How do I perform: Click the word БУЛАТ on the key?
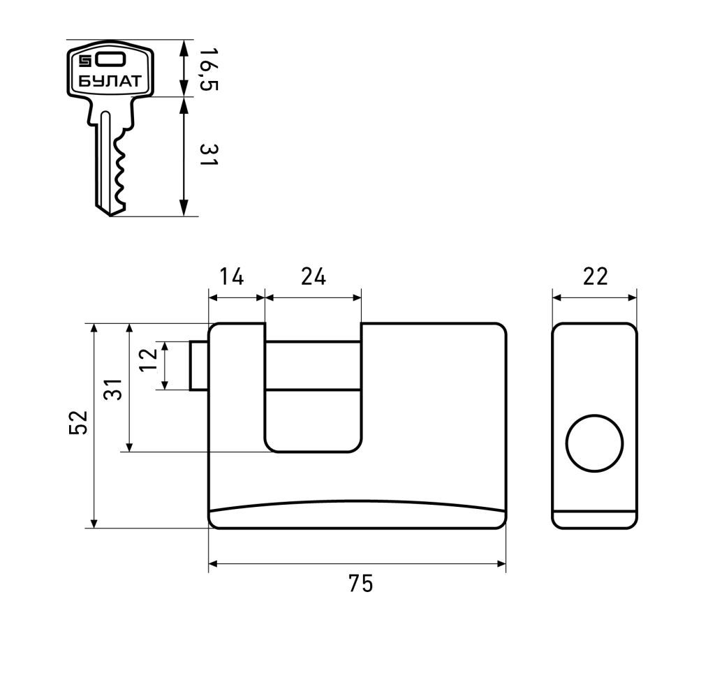[x=110, y=82]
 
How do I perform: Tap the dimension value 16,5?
[x=208, y=69]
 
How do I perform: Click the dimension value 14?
[x=232, y=276]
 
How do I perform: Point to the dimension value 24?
[x=314, y=276]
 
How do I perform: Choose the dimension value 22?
[x=596, y=276]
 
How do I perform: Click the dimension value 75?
[x=361, y=583]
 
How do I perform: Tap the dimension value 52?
[x=78, y=422]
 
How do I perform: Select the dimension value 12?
[x=148, y=360]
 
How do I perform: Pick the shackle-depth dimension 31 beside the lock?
[x=113, y=389]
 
